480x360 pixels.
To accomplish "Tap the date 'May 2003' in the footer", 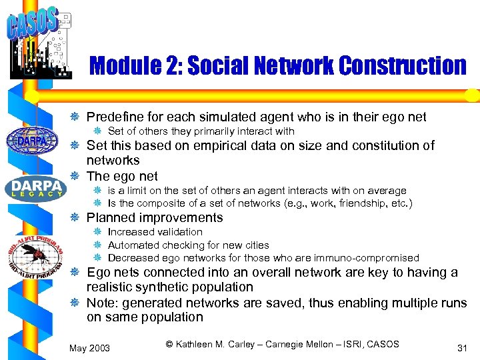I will click(91, 347).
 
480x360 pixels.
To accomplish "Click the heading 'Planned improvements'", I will click(155, 217).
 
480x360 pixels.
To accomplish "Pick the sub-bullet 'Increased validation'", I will click(155, 232).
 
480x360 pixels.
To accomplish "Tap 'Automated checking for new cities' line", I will click(188, 245).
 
